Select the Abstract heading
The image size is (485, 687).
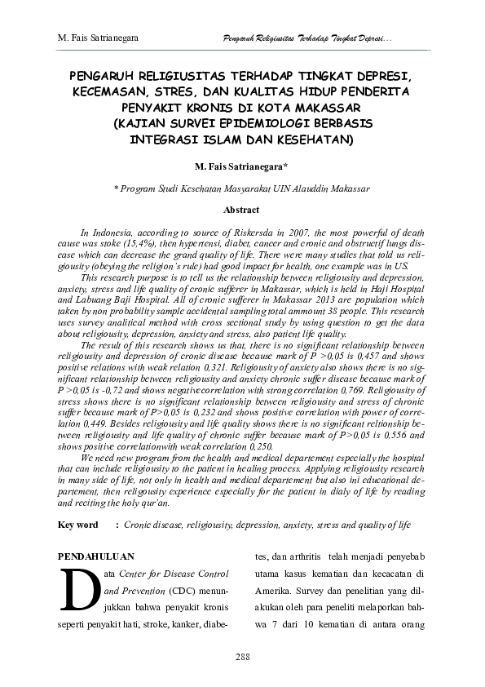pyautogui.click(x=241, y=210)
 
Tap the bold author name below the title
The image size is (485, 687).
pyautogui.click(x=241, y=166)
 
